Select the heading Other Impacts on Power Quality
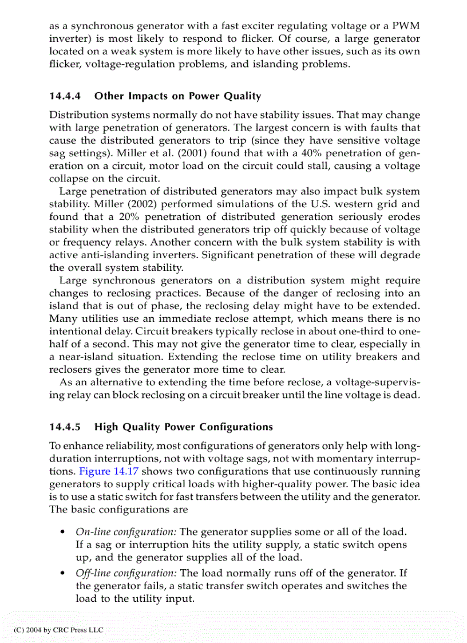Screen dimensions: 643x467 click(x=177, y=96)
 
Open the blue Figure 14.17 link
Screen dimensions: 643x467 click(x=110, y=472)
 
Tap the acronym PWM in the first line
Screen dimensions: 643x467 click(x=406, y=26)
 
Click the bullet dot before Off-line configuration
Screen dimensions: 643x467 click(x=62, y=574)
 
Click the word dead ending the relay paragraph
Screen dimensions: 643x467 click(x=407, y=395)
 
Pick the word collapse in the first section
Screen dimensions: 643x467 click(x=68, y=179)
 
